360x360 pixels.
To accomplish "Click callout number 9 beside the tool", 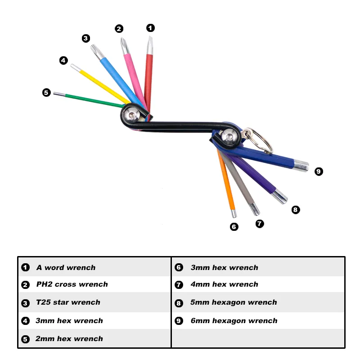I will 319,171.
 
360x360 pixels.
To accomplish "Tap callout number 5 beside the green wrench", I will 46,93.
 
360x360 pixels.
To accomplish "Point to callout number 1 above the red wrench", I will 150,28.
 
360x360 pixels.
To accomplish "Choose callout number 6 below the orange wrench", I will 234,227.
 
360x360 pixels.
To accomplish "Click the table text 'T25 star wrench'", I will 68,302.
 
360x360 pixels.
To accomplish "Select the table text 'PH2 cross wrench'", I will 72,284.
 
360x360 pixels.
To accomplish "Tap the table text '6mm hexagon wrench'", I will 234,321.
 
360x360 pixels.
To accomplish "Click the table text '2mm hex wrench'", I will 69,339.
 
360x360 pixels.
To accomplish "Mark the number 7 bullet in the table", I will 179,285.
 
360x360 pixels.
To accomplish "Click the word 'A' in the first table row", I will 39,268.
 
